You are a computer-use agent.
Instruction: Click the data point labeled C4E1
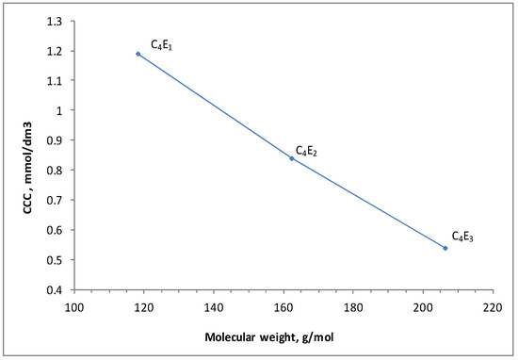pyautogui.click(x=138, y=54)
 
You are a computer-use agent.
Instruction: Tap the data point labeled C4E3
pyautogui.click(x=445, y=248)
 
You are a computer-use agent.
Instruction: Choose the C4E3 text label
pyautogui.click(x=462, y=237)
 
